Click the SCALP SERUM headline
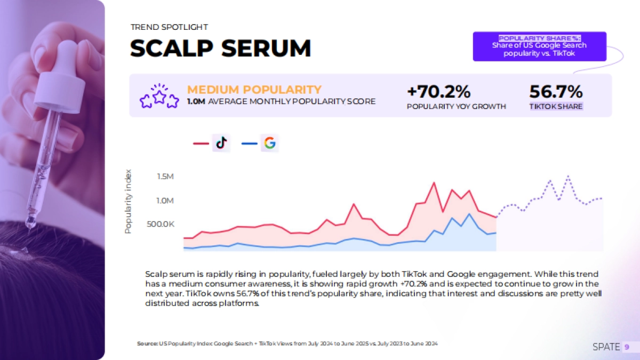[220, 49]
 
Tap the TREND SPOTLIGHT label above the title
[169, 27]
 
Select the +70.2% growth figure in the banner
[439, 92]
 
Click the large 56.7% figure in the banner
[556, 92]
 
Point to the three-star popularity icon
[158, 96]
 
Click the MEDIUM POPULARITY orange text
[254, 90]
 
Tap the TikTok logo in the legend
[221, 143]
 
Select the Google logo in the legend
[270, 143]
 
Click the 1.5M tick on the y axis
[165, 177]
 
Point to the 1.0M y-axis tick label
[165, 201]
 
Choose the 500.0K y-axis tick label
[161, 225]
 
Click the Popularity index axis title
[128, 202]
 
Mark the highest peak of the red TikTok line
[434, 183]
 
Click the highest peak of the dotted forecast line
[568, 175]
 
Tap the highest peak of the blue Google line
[469, 214]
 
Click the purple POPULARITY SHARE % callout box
[539, 46]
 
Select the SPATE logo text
[606, 347]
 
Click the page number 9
[627, 347]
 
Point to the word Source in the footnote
[147, 344]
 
